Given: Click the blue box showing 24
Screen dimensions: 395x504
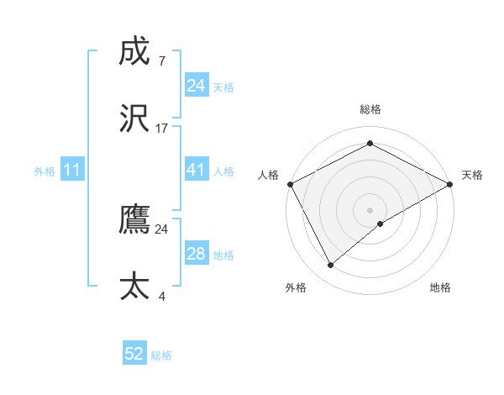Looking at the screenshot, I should coord(196,86).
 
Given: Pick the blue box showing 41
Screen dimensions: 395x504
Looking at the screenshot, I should coord(196,170).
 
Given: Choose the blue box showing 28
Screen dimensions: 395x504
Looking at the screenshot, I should coord(196,254).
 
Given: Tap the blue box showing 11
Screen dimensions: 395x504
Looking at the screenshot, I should coord(72,170).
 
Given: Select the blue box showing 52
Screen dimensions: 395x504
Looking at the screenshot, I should coord(134,354).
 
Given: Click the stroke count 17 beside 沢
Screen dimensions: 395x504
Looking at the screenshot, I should coord(162,129).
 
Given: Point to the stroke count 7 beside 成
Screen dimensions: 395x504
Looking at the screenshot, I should coord(161,61).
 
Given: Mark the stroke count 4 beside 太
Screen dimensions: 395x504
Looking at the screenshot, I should coord(161,296).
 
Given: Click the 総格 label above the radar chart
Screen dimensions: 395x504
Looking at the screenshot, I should coord(370,109).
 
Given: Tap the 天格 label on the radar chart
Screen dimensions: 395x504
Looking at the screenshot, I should coord(472,175).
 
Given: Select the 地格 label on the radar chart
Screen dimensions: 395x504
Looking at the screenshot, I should coord(440,287).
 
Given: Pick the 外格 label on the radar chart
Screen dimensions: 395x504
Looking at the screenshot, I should coord(296,287).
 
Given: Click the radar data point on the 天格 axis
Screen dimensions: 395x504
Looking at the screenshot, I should coord(450,182).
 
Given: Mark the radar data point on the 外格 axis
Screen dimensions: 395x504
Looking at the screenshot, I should coord(331,265).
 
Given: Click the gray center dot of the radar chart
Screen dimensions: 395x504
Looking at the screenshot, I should coord(370,209).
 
